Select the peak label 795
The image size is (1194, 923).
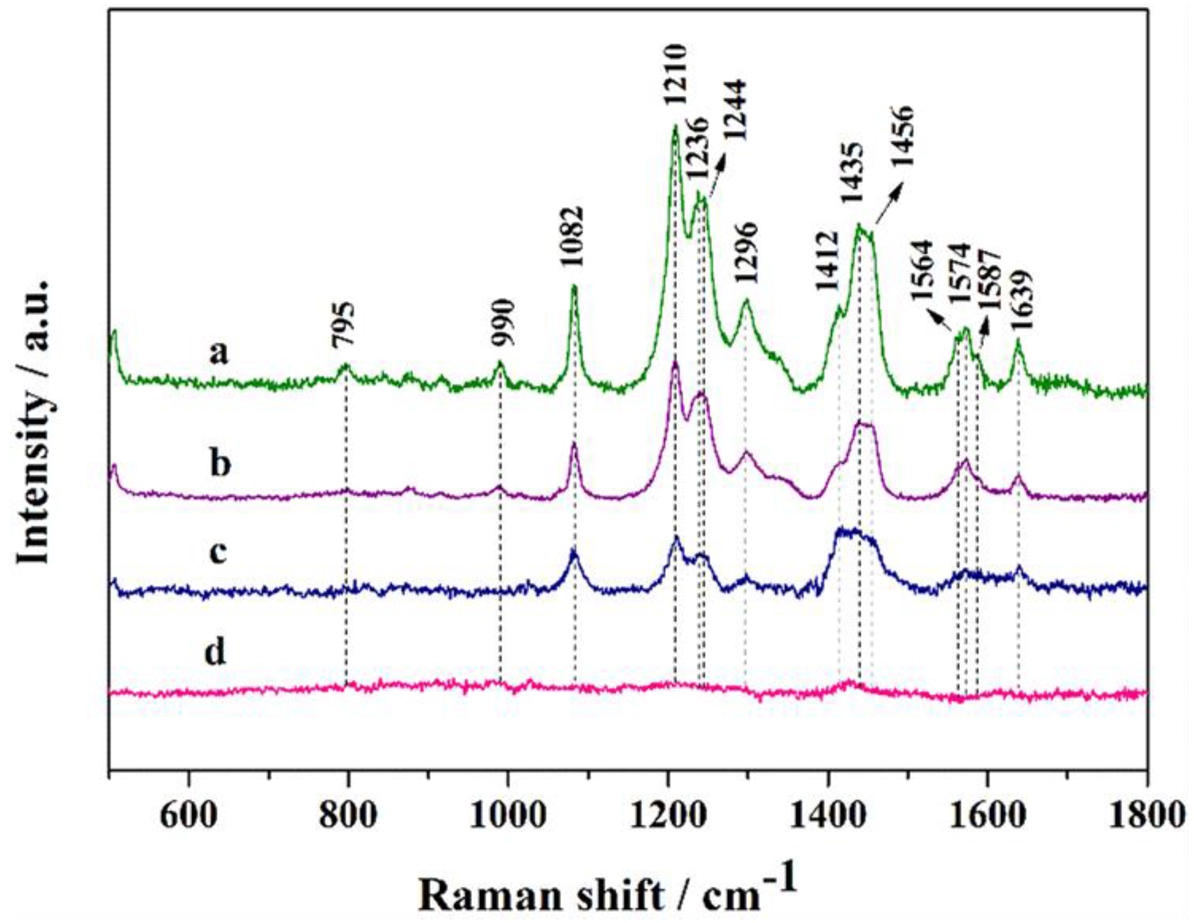(343, 325)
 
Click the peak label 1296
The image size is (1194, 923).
(746, 253)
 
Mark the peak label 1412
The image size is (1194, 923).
(827, 261)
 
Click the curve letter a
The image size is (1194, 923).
(219, 352)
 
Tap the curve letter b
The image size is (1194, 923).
(220, 463)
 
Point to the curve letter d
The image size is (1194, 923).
(216, 651)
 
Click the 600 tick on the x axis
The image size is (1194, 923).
(188, 814)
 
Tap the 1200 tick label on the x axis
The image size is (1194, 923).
(667, 814)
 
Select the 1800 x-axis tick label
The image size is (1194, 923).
(1146, 814)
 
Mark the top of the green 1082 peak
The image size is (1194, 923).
(574, 286)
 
